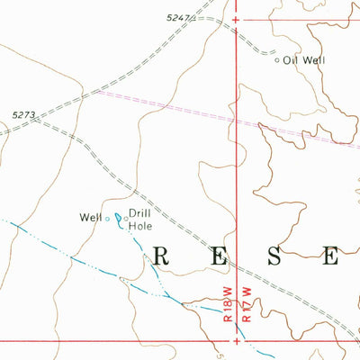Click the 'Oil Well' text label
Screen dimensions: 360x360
pos(303,60)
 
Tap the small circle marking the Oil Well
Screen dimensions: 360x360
pos(277,61)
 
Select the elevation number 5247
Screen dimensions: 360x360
pos(180,17)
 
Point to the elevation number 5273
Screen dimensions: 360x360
pos(25,114)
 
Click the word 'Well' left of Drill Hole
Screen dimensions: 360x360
pos(91,217)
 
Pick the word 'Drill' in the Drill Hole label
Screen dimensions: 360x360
pos(139,213)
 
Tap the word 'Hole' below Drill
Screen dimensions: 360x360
pos(139,226)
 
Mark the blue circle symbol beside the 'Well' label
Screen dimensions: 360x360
pos(108,218)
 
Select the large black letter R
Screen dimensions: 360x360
pos(162,256)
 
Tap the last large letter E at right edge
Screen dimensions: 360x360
pos(330,256)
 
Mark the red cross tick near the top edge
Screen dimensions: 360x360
pos(237,19)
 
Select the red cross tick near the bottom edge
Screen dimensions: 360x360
pos(237,341)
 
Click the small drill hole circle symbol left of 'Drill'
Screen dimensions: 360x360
pos(125,217)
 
